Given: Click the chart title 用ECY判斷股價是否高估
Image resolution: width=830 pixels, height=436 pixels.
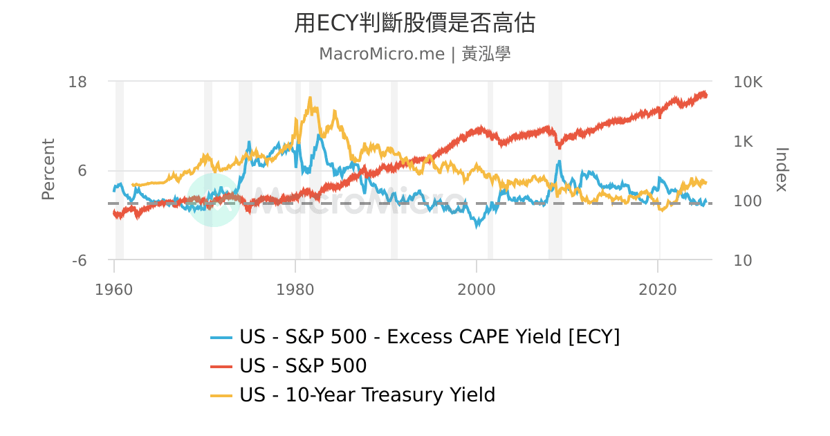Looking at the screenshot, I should [414, 24].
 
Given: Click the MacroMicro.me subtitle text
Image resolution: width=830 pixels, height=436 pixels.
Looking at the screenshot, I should [381, 54].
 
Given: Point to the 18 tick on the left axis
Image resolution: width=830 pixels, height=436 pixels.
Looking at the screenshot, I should [77, 82].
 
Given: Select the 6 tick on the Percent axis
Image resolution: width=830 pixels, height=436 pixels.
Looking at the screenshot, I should [82, 171].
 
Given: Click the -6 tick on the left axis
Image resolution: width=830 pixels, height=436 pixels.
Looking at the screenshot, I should [79, 260].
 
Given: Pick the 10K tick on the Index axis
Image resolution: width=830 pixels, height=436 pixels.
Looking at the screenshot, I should [747, 82].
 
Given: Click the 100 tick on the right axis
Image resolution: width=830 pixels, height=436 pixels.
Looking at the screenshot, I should [746, 201].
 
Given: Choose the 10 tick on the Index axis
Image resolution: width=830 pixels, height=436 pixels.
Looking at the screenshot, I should [742, 260].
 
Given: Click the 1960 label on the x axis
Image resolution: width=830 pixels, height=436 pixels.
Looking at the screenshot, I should [114, 289].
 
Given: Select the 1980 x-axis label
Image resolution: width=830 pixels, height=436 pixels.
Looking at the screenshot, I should [295, 289].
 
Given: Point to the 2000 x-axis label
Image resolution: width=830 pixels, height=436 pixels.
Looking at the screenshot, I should [477, 289].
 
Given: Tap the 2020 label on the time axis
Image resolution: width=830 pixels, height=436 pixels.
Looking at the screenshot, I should [658, 289].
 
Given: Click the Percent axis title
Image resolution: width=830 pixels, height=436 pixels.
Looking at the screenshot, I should [48, 170].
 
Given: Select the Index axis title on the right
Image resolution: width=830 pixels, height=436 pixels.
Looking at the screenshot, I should [782, 170].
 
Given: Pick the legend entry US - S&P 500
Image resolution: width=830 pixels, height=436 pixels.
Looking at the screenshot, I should [302, 365].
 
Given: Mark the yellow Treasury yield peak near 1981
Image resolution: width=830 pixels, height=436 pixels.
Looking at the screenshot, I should [310, 98].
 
